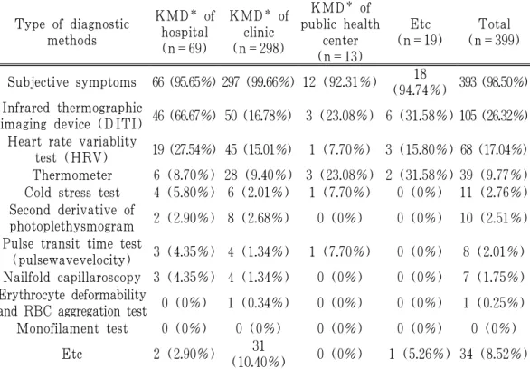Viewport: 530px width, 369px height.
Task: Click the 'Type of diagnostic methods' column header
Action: [72, 32]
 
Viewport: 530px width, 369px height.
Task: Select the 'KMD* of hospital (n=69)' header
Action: [185, 32]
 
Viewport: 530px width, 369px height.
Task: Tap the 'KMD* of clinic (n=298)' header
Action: [259, 32]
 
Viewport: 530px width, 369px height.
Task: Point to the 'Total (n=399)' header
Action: [494, 32]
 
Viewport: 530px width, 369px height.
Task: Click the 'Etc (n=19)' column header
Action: [421, 32]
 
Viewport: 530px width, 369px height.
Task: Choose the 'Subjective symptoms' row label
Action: [72, 82]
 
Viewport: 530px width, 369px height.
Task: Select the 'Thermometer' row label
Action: [72, 175]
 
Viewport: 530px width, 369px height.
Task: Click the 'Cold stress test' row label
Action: [72, 193]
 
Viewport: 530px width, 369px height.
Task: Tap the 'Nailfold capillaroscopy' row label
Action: [72, 278]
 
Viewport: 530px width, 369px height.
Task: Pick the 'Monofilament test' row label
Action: [72, 328]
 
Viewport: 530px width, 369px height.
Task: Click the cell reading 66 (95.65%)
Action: [184, 82]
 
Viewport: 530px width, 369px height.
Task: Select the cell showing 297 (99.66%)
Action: [259, 82]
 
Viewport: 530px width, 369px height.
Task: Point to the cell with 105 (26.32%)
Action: [494, 116]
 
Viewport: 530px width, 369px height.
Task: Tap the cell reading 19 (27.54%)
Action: [184, 149]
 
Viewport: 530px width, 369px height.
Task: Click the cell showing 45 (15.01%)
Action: [259, 149]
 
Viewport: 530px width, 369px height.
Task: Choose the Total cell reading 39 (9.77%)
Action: [494, 175]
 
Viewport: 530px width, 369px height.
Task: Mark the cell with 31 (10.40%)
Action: [259, 354]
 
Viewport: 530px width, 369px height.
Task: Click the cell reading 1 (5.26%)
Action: [420, 354]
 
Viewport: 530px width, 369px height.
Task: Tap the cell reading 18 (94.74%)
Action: [421, 82]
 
